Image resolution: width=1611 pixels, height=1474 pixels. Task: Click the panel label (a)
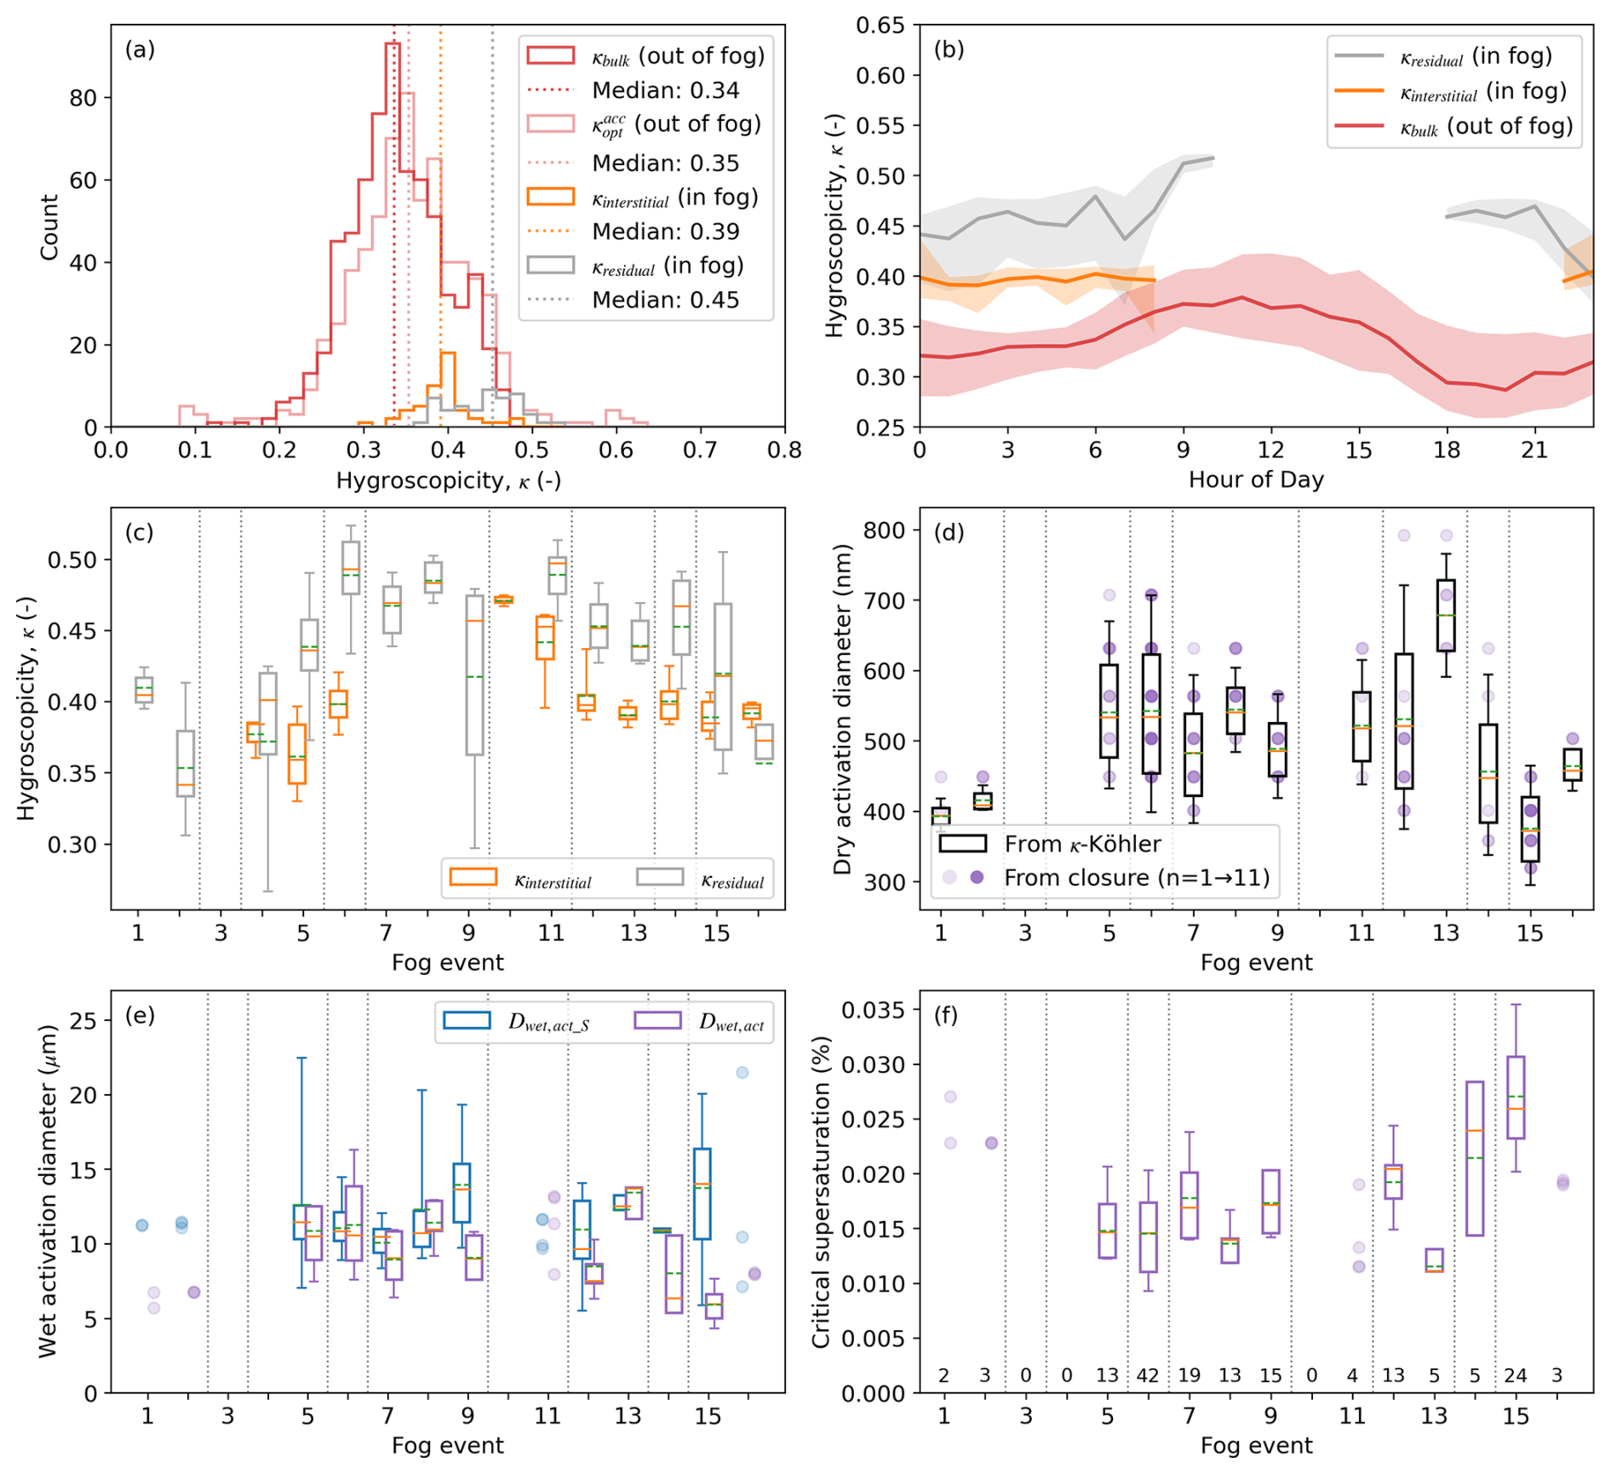pos(140,49)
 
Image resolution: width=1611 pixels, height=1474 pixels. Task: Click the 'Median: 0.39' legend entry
pos(665,232)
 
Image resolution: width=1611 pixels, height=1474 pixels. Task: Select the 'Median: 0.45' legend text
pos(665,300)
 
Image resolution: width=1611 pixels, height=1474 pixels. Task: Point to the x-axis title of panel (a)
pos(448,481)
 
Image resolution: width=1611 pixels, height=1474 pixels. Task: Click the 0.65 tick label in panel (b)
pos(880,26)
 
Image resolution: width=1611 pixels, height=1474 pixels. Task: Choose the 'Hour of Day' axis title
pos(1256,479)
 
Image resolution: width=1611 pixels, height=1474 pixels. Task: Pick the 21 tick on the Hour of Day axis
pos(1534,450)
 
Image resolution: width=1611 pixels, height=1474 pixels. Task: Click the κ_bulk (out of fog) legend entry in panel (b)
pos(1454,127)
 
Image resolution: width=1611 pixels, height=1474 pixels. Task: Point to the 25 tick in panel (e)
pos(85,1020)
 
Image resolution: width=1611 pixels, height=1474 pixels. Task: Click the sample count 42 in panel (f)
pos(1147,1375)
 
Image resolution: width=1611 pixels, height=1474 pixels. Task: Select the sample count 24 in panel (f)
pos(1515,1375)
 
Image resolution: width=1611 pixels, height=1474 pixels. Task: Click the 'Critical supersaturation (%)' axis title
pos(821,1192)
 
